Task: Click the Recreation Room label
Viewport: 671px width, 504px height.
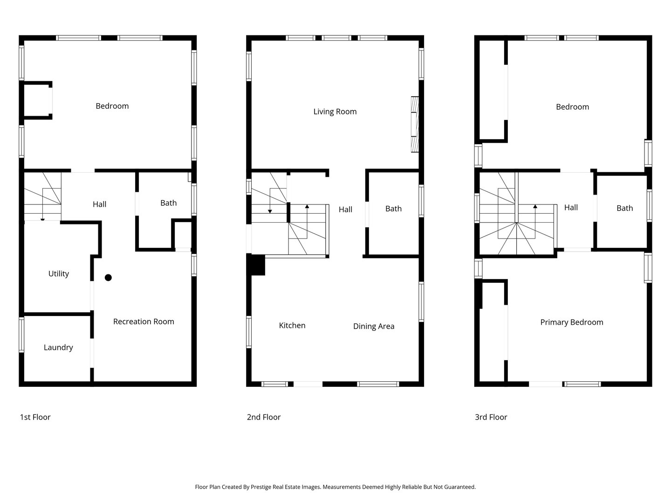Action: pyautogui.click(x=144, y=322)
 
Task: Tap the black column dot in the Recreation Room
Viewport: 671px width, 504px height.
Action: pyautogui.click(x=108, y=278)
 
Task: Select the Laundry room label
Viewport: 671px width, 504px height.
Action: pyautogui.click(x=58, y=348)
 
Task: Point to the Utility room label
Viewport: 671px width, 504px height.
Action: pyautogui.click(x=59, y=274)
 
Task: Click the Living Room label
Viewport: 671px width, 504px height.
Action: pyautogui.click(x=335, y=112)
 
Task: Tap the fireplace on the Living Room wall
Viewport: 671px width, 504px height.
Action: pyautogui.click(x=415, y=124)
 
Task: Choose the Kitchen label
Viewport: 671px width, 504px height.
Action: pyautogui.click(x=292, y=326)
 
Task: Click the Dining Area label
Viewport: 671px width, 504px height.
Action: pyautogui.click(x=373, y=326)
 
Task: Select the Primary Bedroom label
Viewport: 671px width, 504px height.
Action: pyautogui.click(x=571, y=322)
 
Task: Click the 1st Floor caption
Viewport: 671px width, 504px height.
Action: pyautogui.click(x=35, y=417)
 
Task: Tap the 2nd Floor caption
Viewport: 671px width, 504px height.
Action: pyautogui.click(x=264, y=417)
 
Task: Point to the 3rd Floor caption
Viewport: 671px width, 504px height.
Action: pyautogui.click(x=491, y=417)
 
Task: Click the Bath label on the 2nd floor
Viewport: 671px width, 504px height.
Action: pyautogui.click(x=393, y=209)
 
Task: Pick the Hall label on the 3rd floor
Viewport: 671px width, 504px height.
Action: pyautogui.click(x=571, y=208)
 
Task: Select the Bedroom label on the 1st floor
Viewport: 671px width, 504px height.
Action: pyautogui.click(x=112, y=106)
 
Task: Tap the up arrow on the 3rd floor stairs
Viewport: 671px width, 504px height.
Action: pyautogui.click(x=535, y=206)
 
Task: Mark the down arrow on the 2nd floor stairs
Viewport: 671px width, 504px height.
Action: pyautogui.click(x=270, y=211)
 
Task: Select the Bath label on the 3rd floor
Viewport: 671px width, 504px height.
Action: pyautogui.click(x=624, y=208)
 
